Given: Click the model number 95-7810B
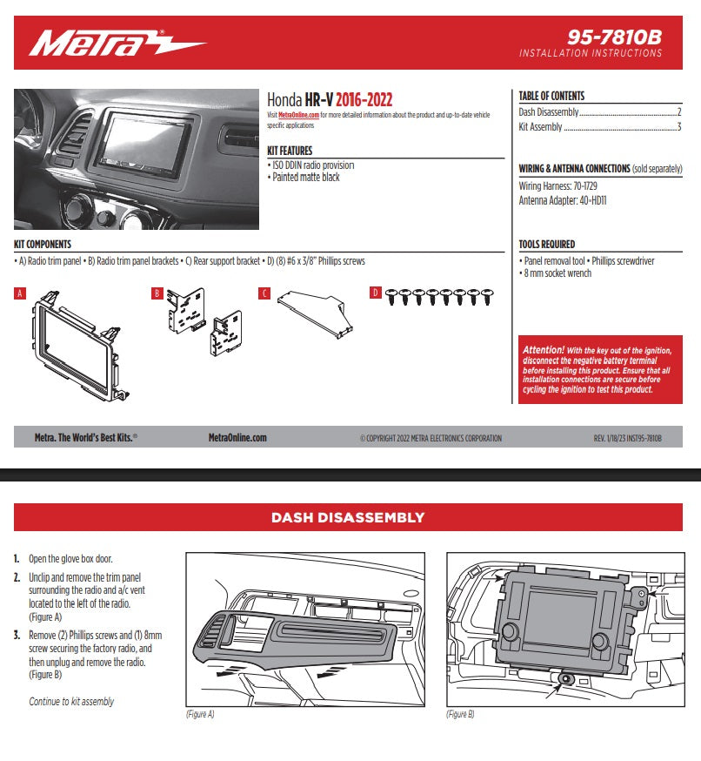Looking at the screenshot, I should (615, 37).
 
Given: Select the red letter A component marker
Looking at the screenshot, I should (19, 293).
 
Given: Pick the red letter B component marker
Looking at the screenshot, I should (157, 293).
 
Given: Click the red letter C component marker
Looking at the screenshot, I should (264, 293).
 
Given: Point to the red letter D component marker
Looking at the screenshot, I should (375, 293).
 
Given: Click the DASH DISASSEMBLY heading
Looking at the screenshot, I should (348, 517).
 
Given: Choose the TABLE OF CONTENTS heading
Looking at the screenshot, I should (551, 96).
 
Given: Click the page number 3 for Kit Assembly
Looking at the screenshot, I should (678, 127).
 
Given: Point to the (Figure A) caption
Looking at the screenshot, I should (200, 714).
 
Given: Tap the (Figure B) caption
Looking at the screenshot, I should (460, 714).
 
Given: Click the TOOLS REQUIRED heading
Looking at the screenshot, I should (546, 245).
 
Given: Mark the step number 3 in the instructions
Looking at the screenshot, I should (17, 636).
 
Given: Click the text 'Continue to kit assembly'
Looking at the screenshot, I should (71, 702).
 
